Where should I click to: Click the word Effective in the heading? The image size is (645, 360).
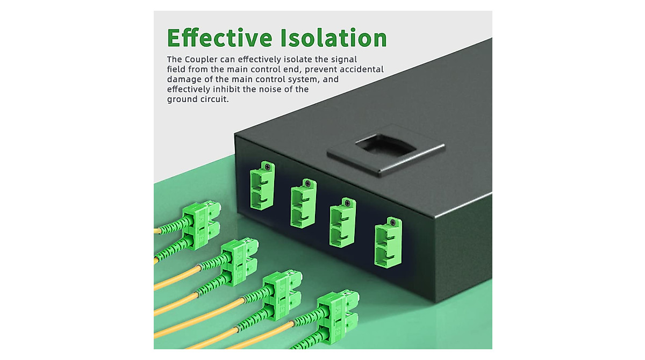[219, 38]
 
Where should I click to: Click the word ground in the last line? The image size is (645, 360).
[183, 99]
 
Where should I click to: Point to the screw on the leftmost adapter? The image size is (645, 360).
[265, 167]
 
